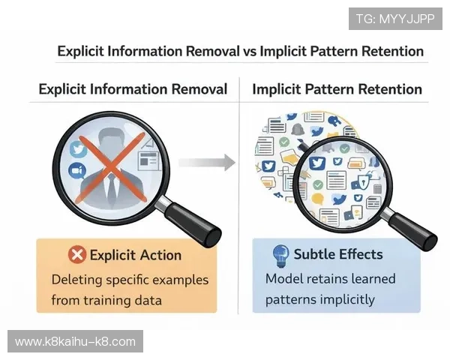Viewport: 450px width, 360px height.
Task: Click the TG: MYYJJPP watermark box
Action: [x=395, y=17]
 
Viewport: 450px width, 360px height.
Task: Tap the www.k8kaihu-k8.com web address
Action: [x=75, y=342]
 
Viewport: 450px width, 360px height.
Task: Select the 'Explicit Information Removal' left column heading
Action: [x=133, y=89]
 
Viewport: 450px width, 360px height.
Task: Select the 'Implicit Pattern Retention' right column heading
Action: [x=337, y=89]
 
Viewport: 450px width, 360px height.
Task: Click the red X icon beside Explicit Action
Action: [x=76, y=255]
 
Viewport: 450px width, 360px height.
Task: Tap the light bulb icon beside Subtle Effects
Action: [x=280, y=253]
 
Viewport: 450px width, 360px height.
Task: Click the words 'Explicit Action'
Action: [x=136, y=255]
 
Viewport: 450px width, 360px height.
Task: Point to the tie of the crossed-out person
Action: [x=112, y=187]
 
